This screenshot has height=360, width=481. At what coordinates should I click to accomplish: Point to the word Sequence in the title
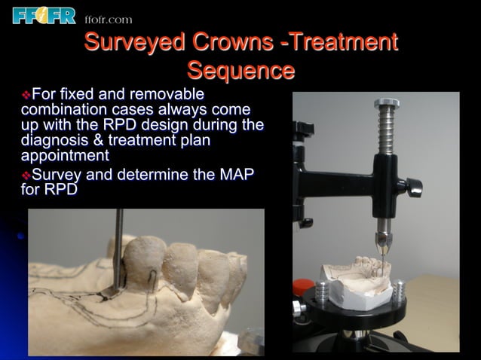[x=240, y=71]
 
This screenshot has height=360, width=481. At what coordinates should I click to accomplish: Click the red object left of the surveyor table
[x=302, y=288]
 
